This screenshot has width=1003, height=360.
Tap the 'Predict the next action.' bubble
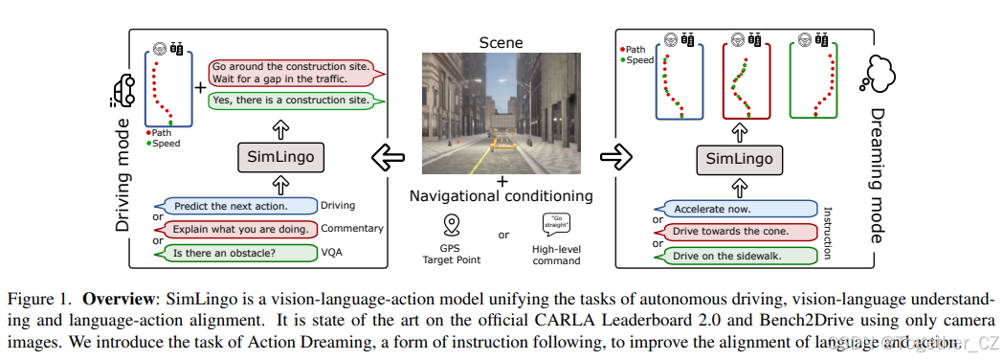[x=238, y=206]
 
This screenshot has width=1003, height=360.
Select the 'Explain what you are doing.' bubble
[x=238, y=229]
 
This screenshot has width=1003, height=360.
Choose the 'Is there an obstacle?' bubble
[x=238, y=253]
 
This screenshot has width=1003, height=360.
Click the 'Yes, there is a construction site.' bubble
[x=289, y=100]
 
